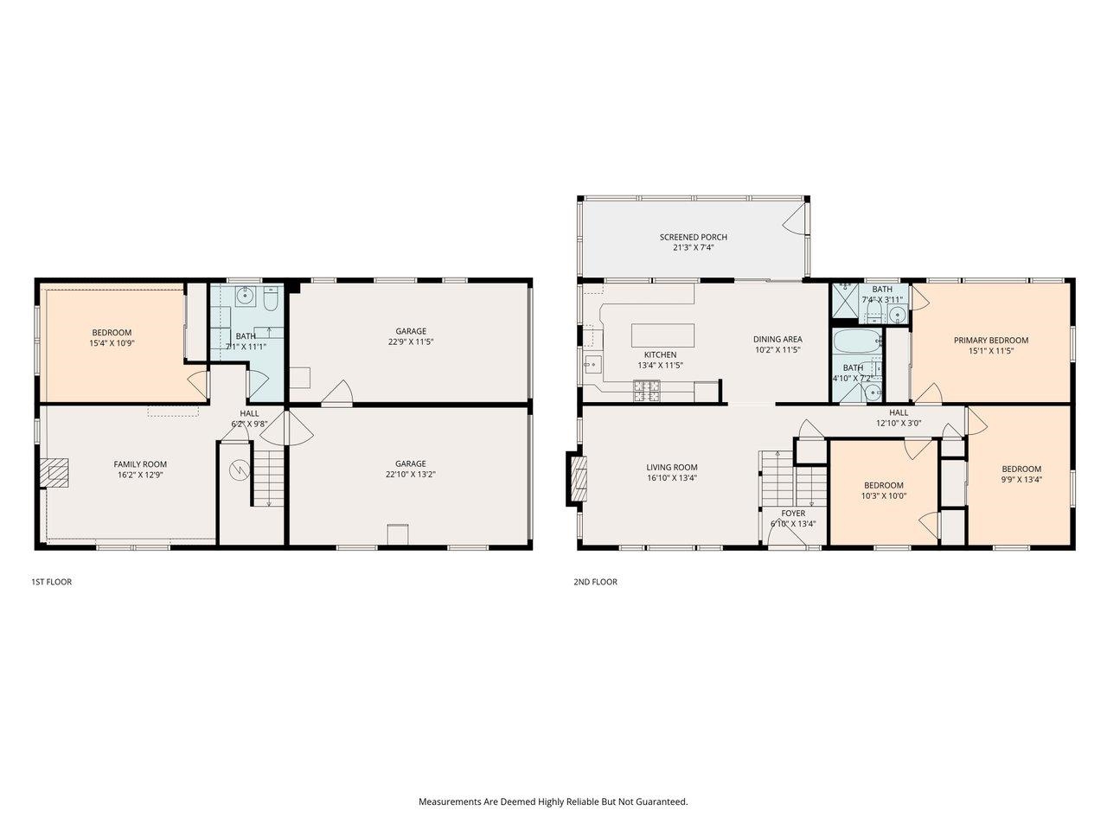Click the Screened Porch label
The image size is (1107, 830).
coord(693,237)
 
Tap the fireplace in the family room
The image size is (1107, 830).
coord(56,474)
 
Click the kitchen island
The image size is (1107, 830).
coord(662,335)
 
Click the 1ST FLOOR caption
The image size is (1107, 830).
coord(51,582)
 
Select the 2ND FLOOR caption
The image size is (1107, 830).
coord(595,582)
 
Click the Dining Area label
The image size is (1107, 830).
coord(778,340)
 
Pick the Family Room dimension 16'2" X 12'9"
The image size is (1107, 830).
coord(140,475)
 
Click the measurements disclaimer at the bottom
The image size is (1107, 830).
coord(553,801)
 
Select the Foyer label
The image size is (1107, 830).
coord(793,513)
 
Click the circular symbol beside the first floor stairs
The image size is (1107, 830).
coord(238,471)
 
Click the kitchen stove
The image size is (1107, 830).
coord(646,393)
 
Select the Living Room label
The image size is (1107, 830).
coord(671,468)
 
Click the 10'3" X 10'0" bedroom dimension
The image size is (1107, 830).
coord(883,496)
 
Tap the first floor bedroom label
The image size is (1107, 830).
coord(112,333)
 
